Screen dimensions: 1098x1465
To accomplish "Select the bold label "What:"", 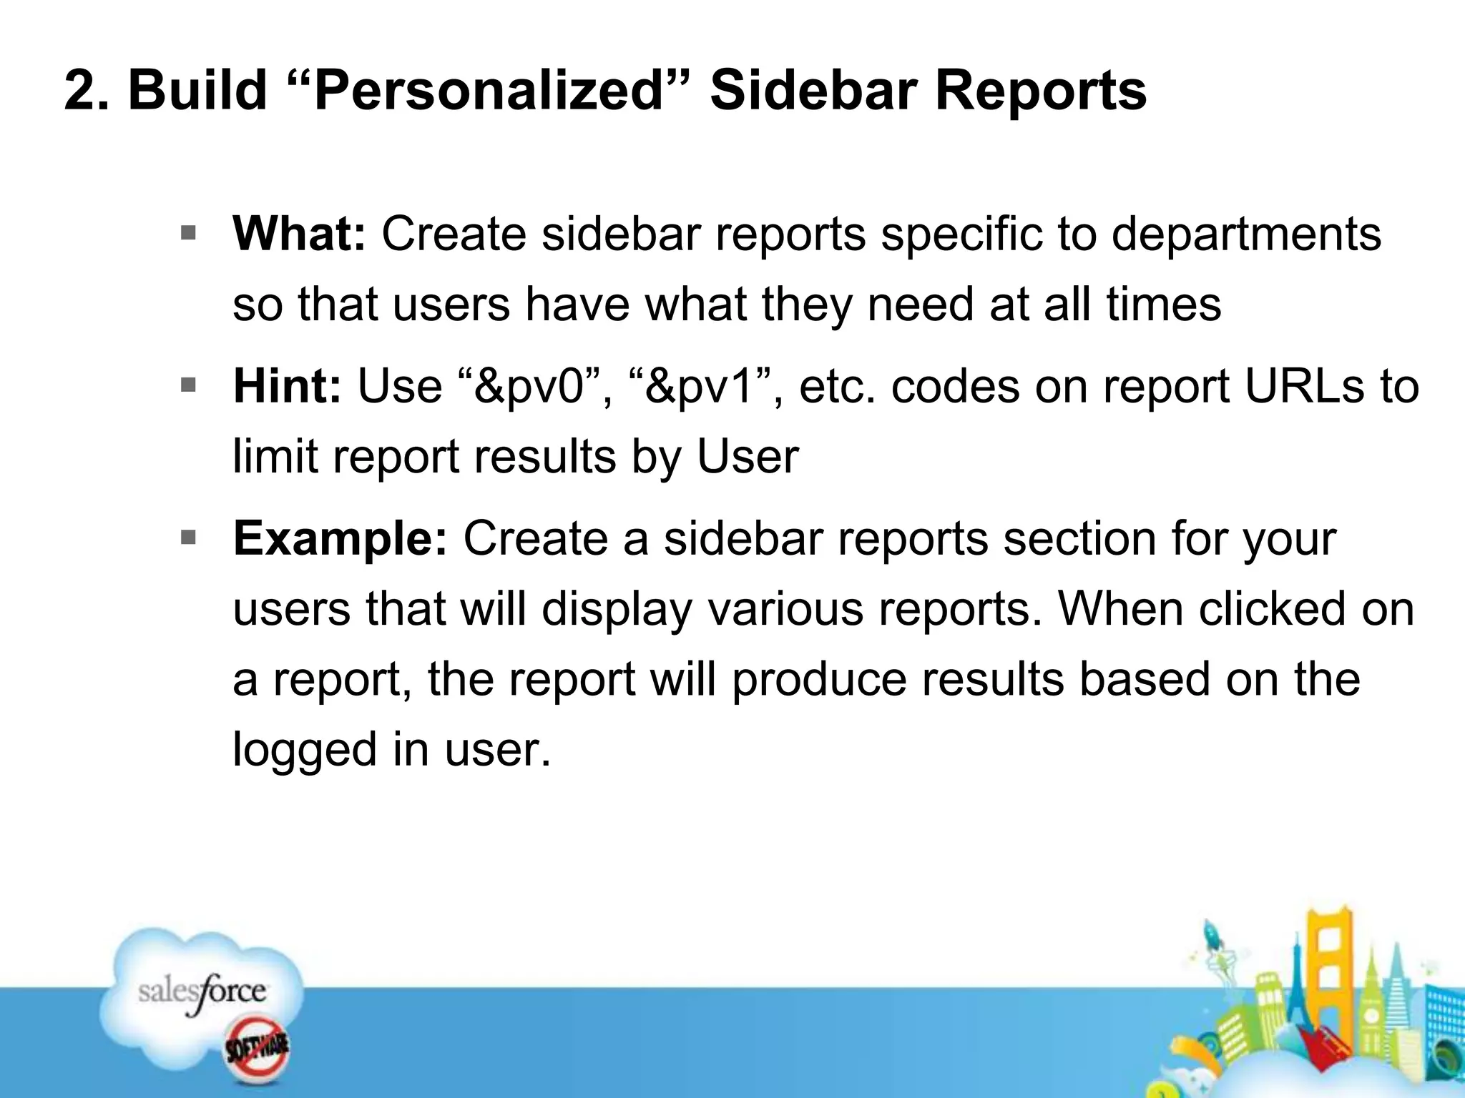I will (x=299, y=234).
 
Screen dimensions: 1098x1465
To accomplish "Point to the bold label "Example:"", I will (x=340, y=539).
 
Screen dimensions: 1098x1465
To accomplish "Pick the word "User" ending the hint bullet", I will (x=748, y=457).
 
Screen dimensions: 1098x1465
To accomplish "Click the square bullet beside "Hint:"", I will (x=189, y=386).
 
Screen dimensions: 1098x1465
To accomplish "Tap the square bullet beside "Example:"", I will (x=189, y=538).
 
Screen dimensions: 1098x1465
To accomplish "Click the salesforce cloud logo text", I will (x=202, y=992).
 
